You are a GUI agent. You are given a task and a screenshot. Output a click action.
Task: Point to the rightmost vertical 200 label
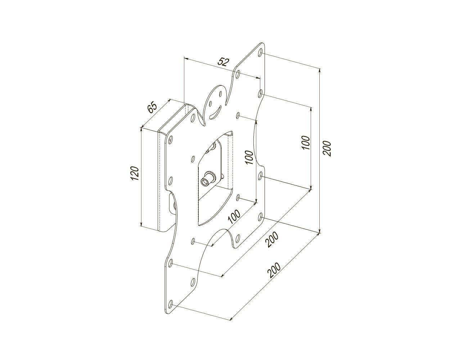point(327,148)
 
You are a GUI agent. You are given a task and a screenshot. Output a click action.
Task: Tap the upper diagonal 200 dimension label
point(272,239)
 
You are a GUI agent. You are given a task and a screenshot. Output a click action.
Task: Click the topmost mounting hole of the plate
point(261,52)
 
